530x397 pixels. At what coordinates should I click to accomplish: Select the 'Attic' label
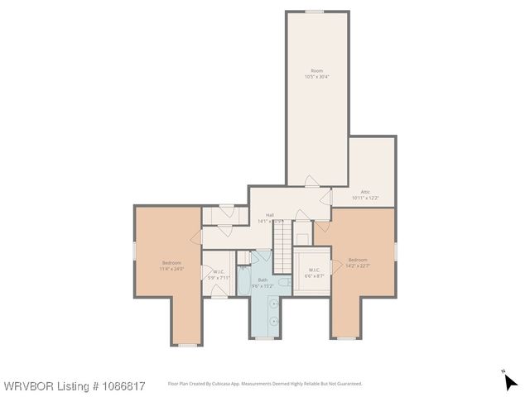point(365,191)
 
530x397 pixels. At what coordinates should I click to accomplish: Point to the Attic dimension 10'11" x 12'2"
point(365,198)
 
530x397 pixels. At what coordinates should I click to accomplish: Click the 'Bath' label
point(263,280)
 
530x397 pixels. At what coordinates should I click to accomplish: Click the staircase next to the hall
point(284,241)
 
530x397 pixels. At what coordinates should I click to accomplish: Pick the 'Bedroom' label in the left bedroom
point(171,262)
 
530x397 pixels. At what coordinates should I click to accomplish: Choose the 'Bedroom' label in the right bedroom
point(359,259)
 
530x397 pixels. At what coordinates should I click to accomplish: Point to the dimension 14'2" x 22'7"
point(359,265)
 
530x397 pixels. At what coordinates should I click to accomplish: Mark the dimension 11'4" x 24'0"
point(171,269)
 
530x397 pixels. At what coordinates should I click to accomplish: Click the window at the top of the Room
point(314,12)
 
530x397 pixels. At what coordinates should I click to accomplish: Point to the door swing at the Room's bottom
point(311,181)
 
